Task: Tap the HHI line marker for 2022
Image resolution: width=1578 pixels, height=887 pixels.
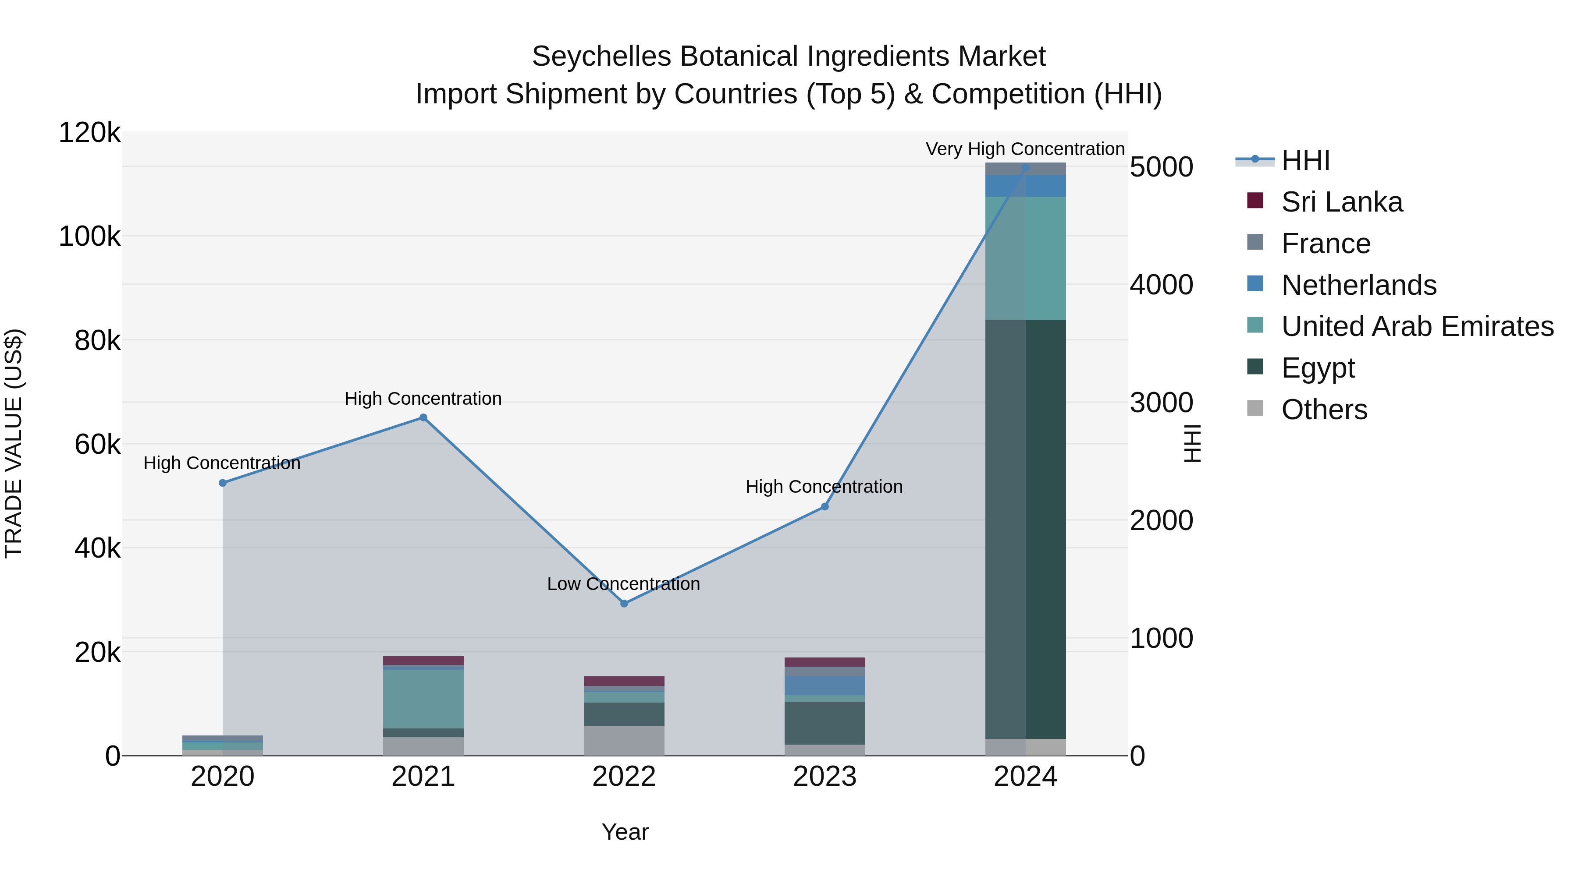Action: pyautogui.click(x=624, y=604)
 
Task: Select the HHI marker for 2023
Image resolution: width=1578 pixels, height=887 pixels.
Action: pyautogui.click(x=825, y=507)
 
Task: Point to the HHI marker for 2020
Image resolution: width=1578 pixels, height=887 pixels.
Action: pyautogui.click(x=222, y=483)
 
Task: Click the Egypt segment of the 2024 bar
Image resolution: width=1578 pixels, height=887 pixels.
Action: pyautogui.click(x=1025, y=530)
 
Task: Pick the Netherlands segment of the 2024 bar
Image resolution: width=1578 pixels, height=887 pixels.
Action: pyautogui.click(x=1025, y=186)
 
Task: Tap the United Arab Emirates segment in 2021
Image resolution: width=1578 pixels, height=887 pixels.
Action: pyautogui.click(x=423, y=699)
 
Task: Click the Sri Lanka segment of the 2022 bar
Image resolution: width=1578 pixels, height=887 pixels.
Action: pyautogui.click(x=624, y=681)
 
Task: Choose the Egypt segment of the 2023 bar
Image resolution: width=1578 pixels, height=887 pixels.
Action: pyautogui.click(x=825, y=723)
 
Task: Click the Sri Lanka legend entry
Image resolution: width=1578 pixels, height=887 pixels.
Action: pyautogui.click(x=1342, y=202)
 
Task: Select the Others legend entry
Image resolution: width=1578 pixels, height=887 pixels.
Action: pyautogui.click(x=1324, y=410)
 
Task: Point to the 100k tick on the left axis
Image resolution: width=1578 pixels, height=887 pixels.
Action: pyautogui.click(x=90, y=236)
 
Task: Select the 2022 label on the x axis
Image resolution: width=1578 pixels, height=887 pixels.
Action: pyautogui.click(x=624, y=777)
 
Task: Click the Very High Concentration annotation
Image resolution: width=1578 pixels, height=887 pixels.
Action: pyautogui.click(x=1025, y=149)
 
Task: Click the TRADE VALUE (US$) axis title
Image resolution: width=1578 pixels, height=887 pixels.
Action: pyautogui.click(x=14, y=443)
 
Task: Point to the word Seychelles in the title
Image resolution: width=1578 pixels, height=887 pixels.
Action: pyautogui.click(x=601, y=57)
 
